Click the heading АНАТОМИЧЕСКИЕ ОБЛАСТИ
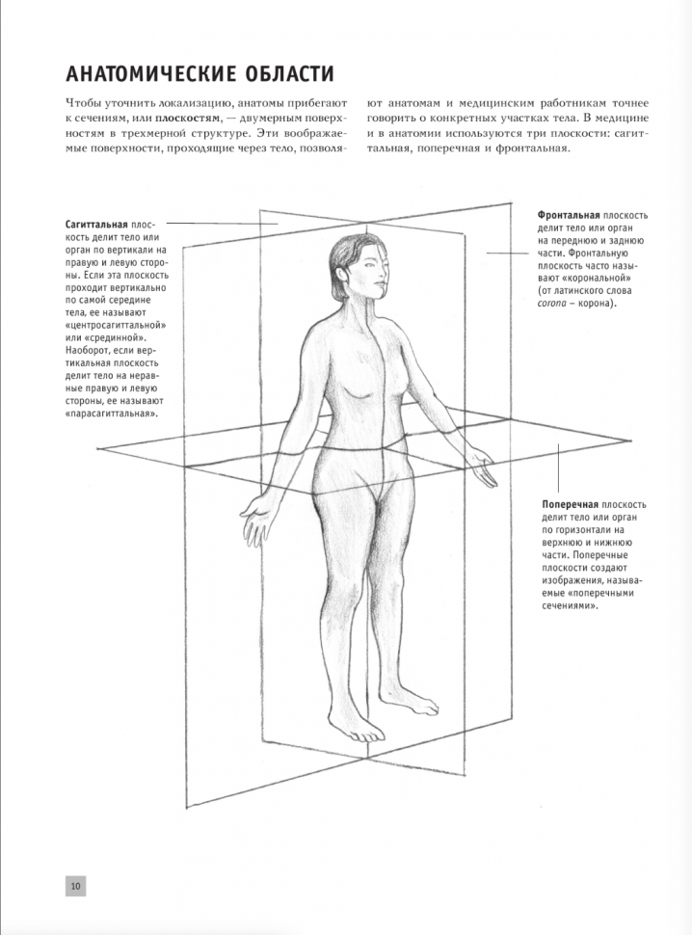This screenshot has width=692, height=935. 200,73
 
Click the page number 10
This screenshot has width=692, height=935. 75,885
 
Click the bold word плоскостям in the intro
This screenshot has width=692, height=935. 184,119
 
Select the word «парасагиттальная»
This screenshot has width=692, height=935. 112,413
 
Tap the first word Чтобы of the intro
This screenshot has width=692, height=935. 85,103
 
